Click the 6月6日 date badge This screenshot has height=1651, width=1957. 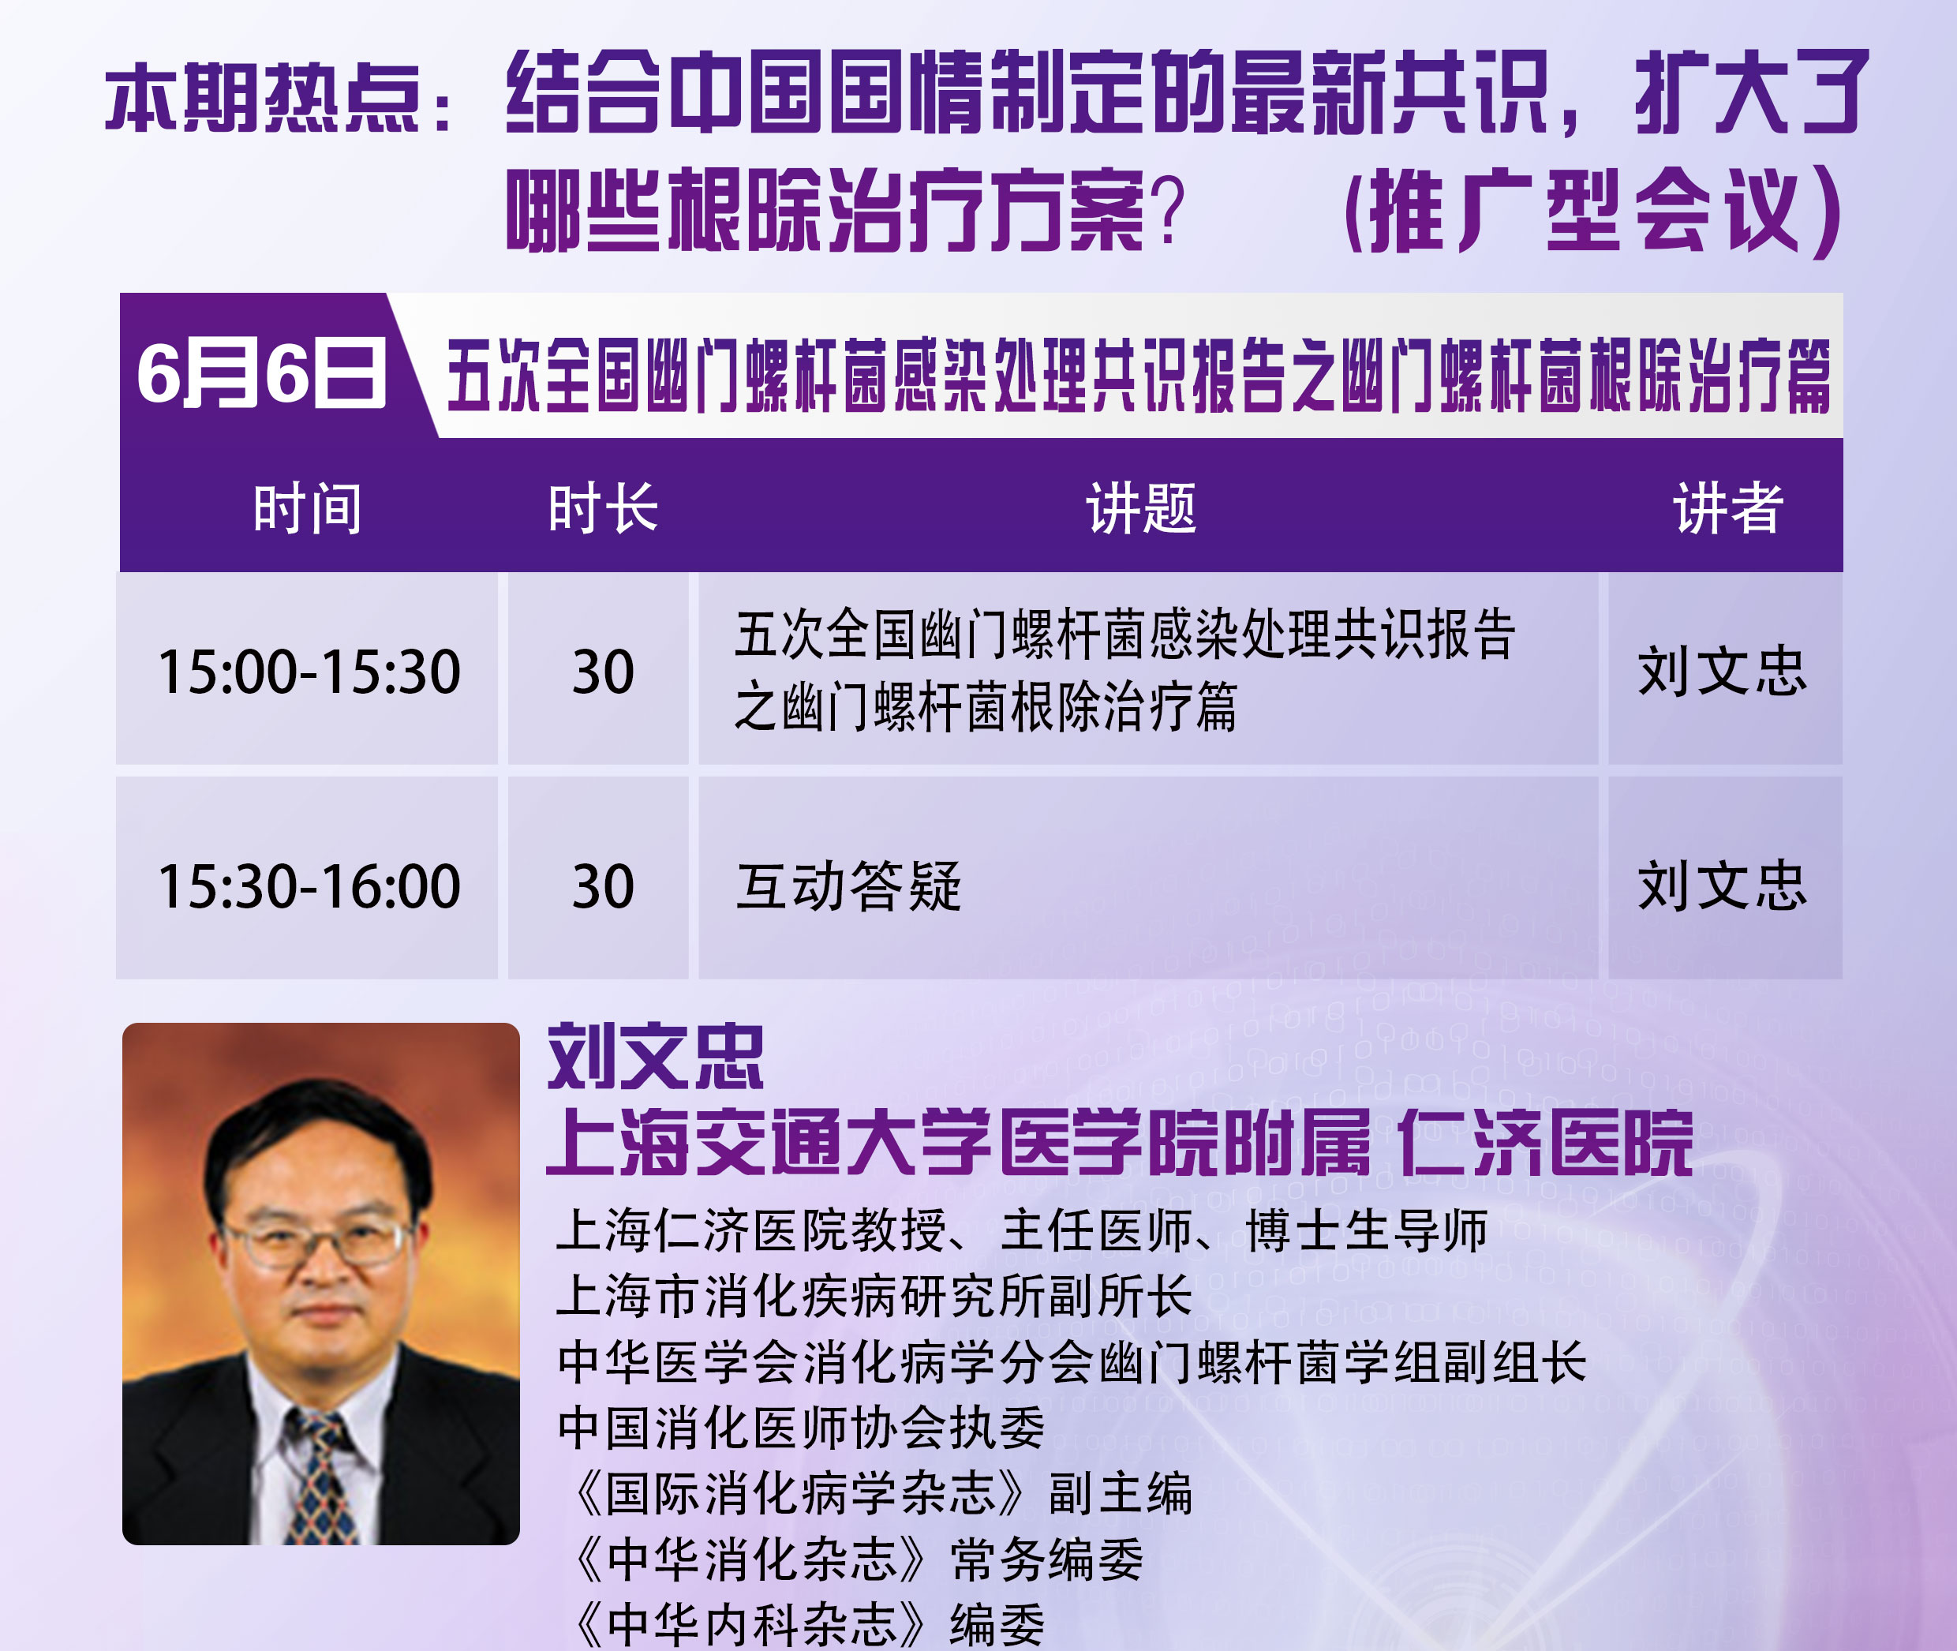coord(261,373)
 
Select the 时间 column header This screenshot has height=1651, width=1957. coord(307,508)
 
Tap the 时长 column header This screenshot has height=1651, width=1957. coord(603,508)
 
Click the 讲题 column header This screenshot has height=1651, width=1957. coord(1141,508)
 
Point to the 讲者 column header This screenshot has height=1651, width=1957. coord(1727,508)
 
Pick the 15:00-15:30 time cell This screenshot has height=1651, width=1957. coord(309,671)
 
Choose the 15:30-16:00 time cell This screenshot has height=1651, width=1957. coord(309,885)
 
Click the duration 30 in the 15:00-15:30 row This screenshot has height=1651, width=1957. coord(603,671)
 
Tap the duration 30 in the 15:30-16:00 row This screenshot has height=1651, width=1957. coord(603,885)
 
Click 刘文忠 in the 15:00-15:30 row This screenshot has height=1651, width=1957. coord(1722,671)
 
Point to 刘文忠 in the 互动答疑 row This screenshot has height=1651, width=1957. coord(1722,885)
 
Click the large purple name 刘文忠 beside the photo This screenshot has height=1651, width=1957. coord(655,1057)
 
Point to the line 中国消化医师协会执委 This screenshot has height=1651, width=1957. coord(800,1428)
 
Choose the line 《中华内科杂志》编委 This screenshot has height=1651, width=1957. coord(806,1624)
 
